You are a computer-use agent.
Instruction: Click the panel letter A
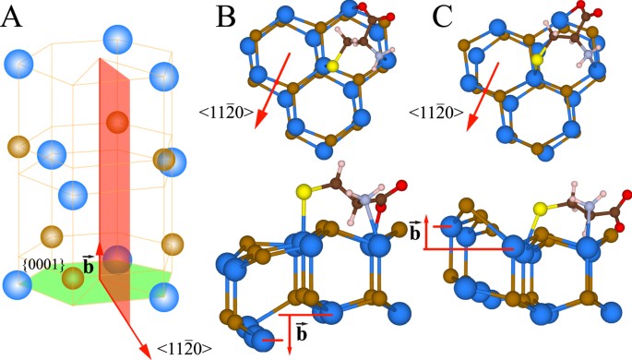(x=13, y=17)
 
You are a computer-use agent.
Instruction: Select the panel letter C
(x=443, y=17)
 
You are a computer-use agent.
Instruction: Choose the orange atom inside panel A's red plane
(x=116, y=122)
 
